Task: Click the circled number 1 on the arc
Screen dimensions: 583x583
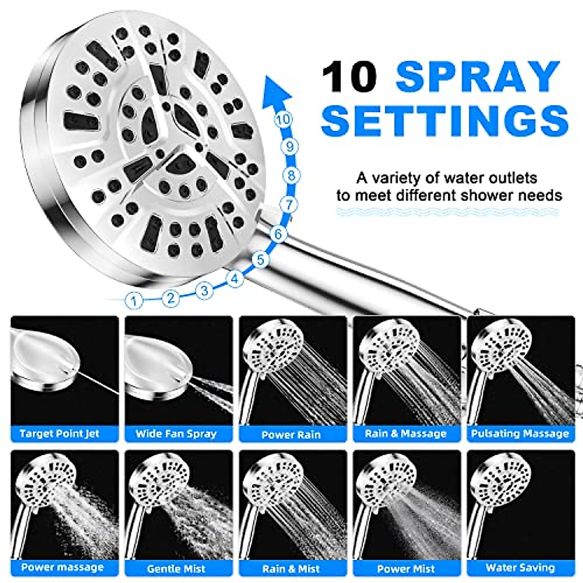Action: coord(134,300)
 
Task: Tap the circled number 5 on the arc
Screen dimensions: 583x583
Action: coord(261,260)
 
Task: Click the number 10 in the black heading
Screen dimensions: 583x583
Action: coord(350,76)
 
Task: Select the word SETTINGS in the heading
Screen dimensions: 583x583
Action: coord(445,120)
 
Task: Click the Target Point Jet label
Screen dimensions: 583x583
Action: coord(59,433)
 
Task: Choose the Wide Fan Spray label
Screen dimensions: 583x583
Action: coord(176,434)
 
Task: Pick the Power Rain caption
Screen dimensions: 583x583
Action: coord(291,435)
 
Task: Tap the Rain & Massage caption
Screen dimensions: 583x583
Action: coord(406,434)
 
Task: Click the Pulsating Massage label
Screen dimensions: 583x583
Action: coord(520,434)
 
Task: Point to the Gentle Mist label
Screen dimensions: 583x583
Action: coord(176,568)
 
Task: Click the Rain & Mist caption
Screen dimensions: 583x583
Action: coord(291,568)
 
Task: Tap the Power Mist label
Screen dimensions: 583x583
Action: coord(406,568)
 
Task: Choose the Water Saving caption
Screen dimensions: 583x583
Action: coord(520,567)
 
